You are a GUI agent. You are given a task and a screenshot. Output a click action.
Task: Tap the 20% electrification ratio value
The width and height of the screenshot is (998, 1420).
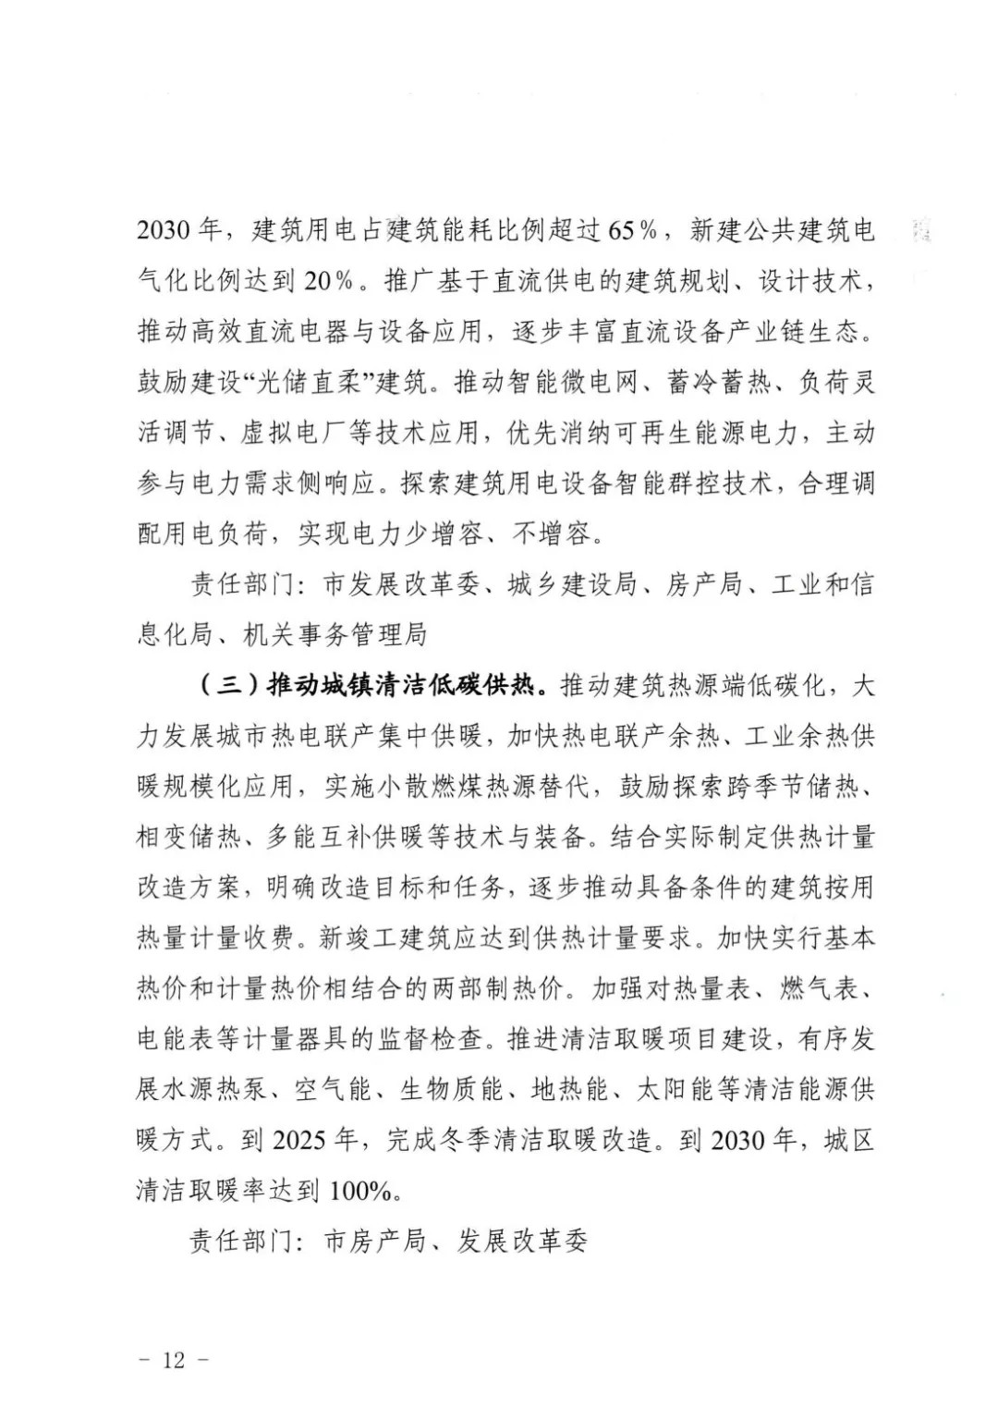329,281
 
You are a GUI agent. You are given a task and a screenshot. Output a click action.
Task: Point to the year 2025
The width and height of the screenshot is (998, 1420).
298,1140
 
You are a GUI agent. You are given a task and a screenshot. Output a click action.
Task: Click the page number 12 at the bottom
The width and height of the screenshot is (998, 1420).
174,1360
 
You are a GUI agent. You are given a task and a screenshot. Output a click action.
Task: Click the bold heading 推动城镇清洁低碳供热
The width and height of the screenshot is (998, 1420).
399,686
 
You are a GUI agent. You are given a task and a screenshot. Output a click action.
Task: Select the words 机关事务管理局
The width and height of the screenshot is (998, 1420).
335,635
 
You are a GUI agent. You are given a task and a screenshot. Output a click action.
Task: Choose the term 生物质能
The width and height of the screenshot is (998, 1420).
451,1090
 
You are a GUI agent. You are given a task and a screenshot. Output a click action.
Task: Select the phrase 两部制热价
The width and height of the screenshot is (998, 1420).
496,988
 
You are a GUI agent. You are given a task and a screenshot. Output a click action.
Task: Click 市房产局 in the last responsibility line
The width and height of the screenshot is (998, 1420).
374,1242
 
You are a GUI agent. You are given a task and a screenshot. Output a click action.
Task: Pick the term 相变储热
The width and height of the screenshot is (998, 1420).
189,838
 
